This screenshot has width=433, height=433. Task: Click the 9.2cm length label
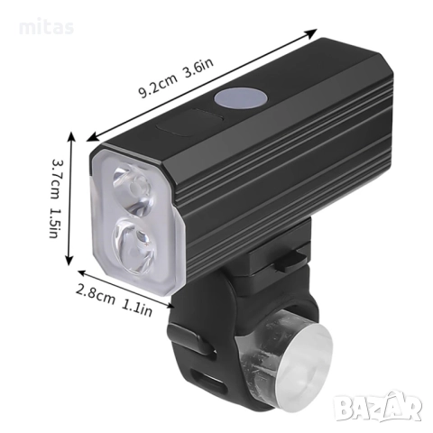pyautogui.click(x=158, y=87)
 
